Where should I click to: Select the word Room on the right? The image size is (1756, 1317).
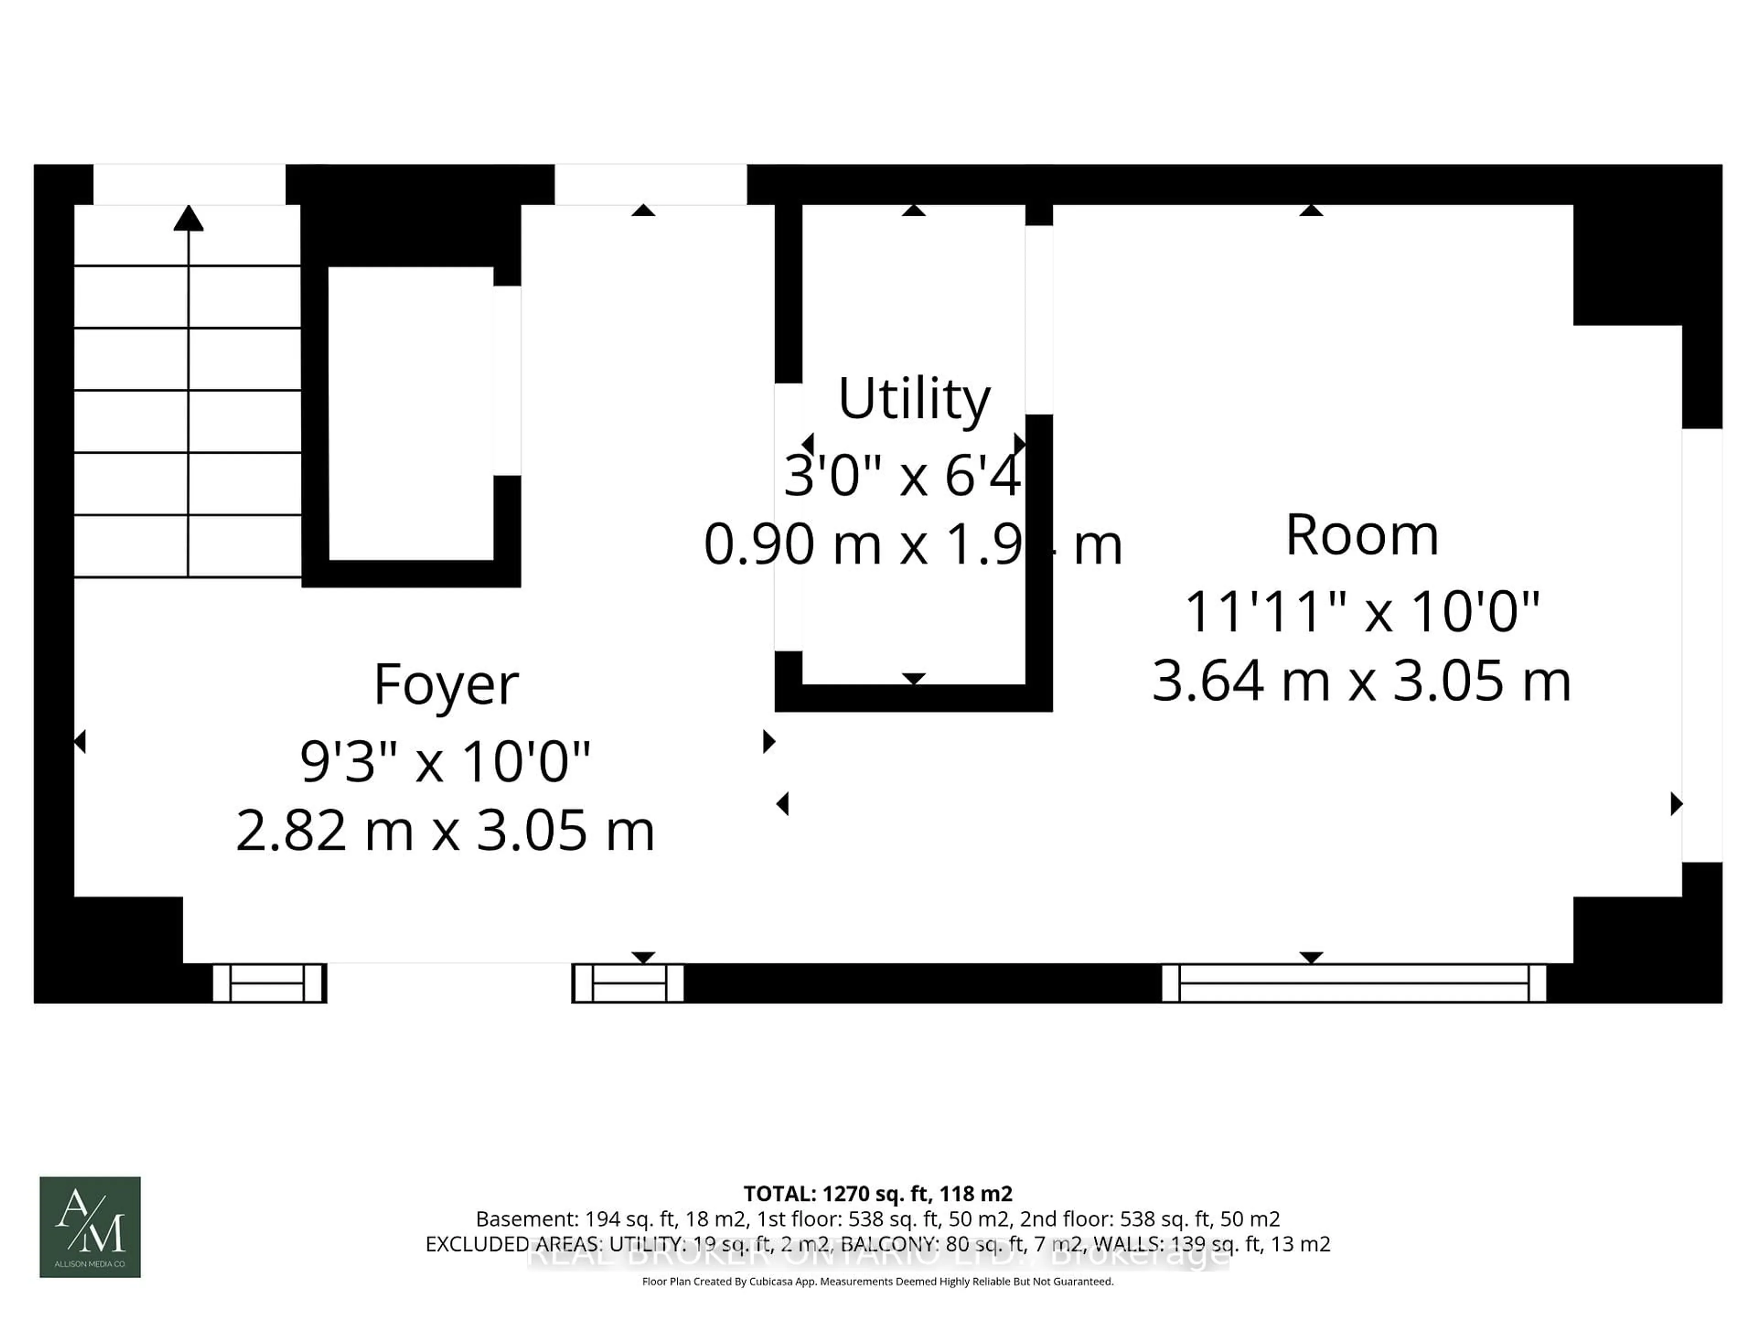pyautogui.click(x=1361, y=535)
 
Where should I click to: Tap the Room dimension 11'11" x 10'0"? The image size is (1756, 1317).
pyautogui.click(x=1361, y=611)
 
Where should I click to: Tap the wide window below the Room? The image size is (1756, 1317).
pyautogui.click(x=1354, y=983)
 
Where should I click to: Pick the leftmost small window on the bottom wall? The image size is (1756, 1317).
pyautogui.click(x=269, y=983)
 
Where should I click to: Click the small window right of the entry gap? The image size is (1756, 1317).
pyautogui.click(x=628, y=983)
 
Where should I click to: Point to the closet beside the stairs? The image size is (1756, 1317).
pyautogui.click(x=411, y=413)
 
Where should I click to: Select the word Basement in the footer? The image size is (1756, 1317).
pyautogui.click(x=526, y=1219)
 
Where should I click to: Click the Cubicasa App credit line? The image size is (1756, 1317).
pyautogui.click(x=877, y=1281)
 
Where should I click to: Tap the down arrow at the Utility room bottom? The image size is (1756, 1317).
pyautogui.click(x=914, y=679)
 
